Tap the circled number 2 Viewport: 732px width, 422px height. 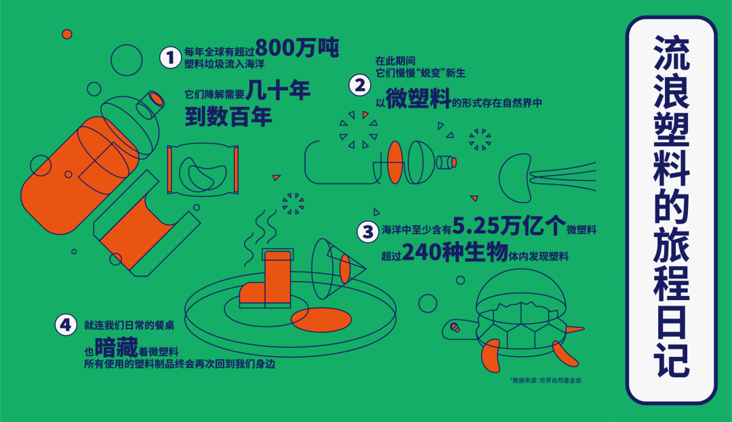coord(360,85)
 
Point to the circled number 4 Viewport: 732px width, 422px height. coord(66,325)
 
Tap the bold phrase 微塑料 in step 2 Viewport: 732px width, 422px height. coord(418,100)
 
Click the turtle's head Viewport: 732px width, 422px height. coord(453,328)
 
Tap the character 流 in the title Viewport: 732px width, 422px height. coord(671,57)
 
